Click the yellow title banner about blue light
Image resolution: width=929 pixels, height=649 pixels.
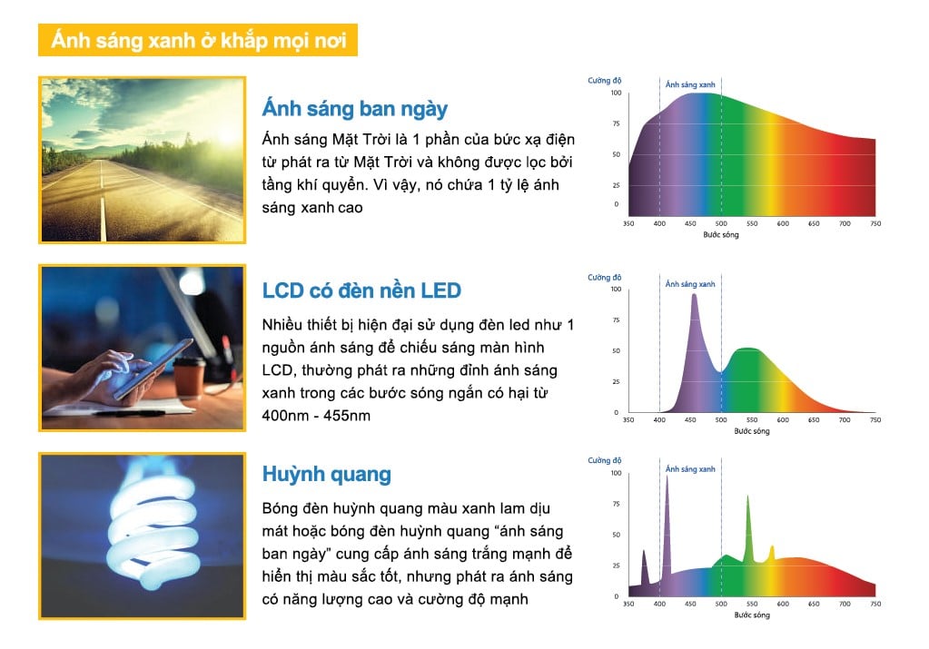198,42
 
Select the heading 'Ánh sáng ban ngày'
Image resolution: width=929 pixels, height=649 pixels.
354,109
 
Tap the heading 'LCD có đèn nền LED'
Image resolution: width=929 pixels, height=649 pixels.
361,290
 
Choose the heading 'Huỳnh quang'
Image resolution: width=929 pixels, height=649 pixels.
326,474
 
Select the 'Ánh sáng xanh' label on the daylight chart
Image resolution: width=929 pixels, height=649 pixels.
690,84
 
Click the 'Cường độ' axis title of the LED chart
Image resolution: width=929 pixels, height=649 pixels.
604,277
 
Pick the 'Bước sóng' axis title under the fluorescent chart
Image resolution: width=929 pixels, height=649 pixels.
750,615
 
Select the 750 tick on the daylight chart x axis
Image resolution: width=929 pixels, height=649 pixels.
875,223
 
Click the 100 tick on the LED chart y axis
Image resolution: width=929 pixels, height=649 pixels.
616,289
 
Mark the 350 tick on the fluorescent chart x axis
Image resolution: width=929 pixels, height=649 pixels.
628,604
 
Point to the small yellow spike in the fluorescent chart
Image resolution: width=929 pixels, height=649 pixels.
772,550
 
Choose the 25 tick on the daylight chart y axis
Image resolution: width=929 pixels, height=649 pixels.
616,185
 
